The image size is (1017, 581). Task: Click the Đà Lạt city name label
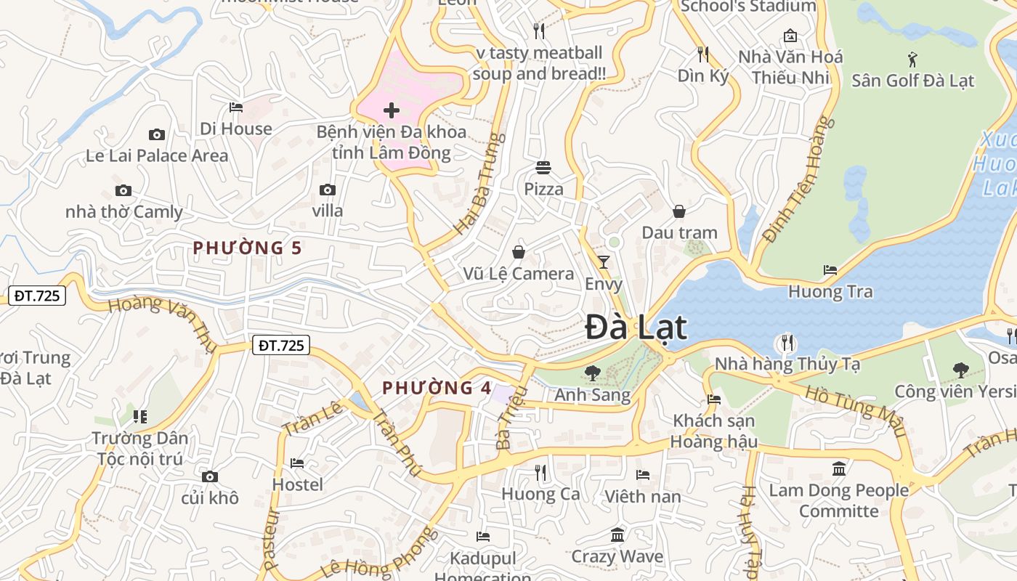[x=636, y=328]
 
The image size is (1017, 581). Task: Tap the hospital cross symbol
[x=392, y=110]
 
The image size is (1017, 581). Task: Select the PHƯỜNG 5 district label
[x=247, y=248]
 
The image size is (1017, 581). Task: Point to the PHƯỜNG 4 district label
[x=437, y=388]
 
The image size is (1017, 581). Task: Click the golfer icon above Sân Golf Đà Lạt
[x=912, y=59]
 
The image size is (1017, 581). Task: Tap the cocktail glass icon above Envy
[x=604, y=262]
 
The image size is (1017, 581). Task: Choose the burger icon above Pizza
[x=544, y=168]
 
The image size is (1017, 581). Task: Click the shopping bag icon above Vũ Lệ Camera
[x=519, y=252]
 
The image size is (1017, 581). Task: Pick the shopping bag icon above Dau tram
[x=679, y=211]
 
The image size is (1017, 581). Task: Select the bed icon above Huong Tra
[x=830, y=270]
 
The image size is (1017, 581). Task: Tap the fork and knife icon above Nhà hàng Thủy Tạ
[x=787, y=342]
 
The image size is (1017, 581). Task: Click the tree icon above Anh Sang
[x=593, y=373]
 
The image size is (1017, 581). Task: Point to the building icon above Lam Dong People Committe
[x=839, y=468]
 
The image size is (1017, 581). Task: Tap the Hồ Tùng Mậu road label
[x=857, y=410]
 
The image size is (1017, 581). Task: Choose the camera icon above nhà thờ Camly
[x=123, y=191]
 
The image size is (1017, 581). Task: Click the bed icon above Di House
[x=236, y=107]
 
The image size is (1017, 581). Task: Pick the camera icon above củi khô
[x=210, y=476]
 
